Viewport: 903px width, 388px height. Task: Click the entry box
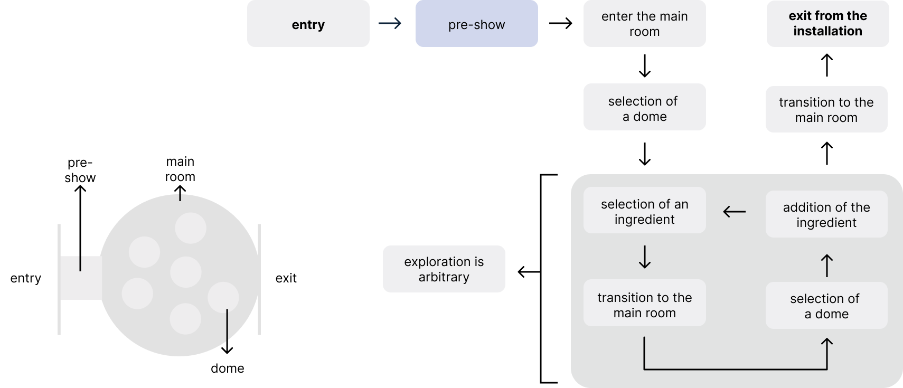pos(308,24)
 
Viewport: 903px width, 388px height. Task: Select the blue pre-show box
pos(476,24)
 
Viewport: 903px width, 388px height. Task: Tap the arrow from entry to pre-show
pos(390,23)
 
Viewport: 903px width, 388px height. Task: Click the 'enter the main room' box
pos(644,24)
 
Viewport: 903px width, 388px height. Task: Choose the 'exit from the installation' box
pos(827,24)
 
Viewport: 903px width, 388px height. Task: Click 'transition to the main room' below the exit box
pos(826,109)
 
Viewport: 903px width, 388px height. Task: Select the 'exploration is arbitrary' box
pos(444,269)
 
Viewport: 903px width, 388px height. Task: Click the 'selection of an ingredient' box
pos(644,211)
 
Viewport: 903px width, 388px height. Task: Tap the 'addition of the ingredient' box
pos(826,214)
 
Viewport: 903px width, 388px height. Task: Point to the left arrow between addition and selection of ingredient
pos(734,212)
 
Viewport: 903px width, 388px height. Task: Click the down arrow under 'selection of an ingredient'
pos(644,257)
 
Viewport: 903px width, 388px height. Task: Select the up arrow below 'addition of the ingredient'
pos(826,266)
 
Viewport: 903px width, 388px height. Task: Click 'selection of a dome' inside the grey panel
pos(826,306)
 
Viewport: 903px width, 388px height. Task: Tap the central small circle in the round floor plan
pos(186,272)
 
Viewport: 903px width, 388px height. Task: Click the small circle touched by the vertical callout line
pos(223,297)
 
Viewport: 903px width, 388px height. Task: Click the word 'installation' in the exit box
pos(827,31)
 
